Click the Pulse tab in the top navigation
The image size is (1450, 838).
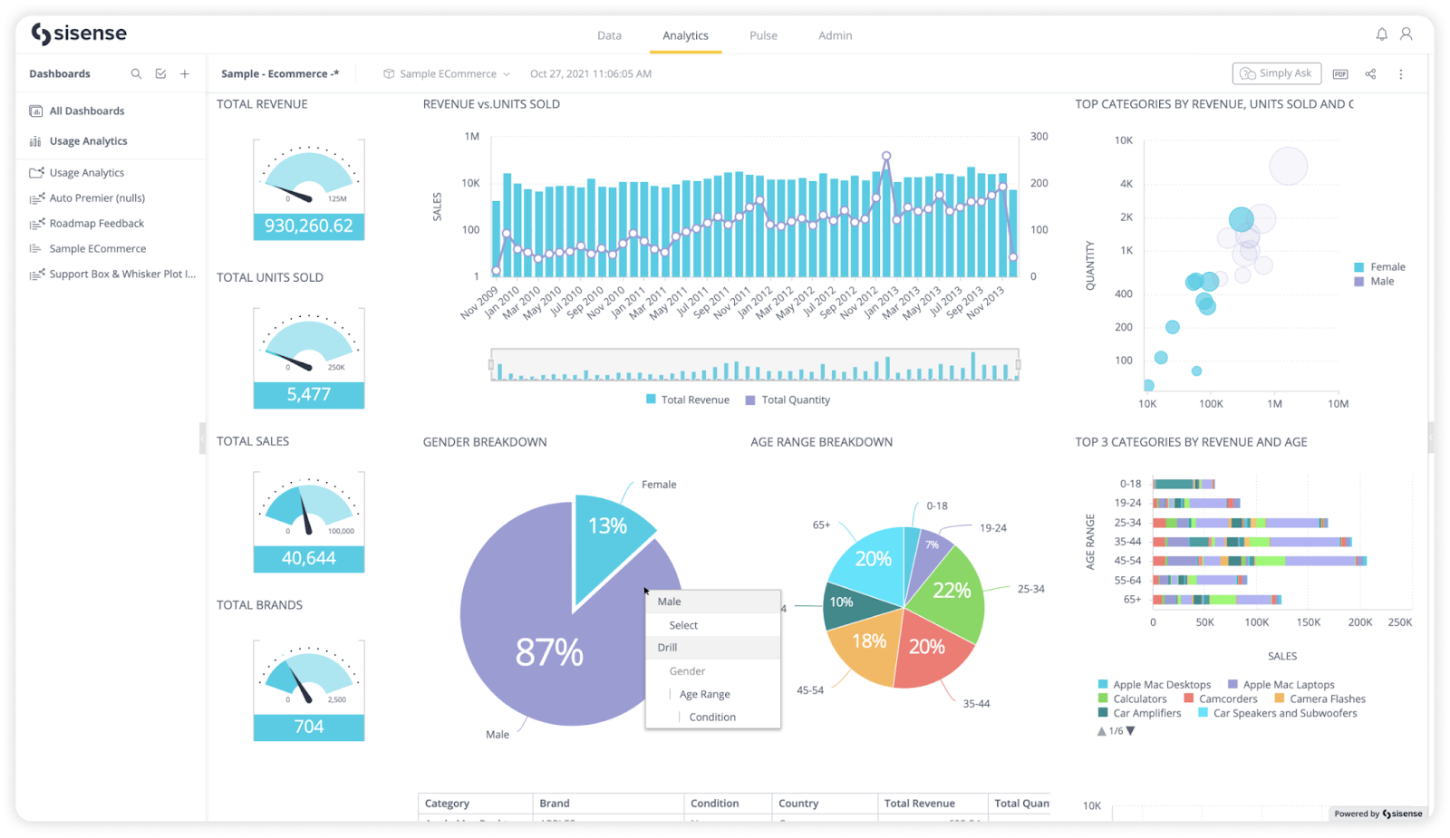click(x=763, y=35)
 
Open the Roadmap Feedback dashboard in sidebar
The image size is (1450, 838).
click(x=96, y=224)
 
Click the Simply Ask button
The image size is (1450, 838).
click(x=1277, y=73)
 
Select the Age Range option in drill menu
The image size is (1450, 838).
click(x=704, y=695)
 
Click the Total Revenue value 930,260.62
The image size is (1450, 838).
click(x=308, y=226)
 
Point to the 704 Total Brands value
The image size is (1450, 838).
click(x=308, y=727)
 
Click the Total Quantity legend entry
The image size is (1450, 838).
click(x=795, y=400)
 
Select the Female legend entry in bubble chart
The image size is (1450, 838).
click(x=1387, y=267)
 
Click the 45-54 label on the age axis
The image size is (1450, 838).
click(x=1127, y=561)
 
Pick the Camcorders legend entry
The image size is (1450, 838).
click(x=1227, y=699)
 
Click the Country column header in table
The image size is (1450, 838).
click(x=798, y=804)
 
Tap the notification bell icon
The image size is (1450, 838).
click(x=1381, y=34)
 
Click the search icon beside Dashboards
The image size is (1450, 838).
click(x=136, y=74)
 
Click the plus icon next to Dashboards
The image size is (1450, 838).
click(x=185, y=74)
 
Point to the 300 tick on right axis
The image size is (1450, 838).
click(x=1039, y=137)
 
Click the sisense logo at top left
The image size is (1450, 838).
click(x=80, y=34)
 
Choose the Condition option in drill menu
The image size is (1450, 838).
click(x=711, y=718)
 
